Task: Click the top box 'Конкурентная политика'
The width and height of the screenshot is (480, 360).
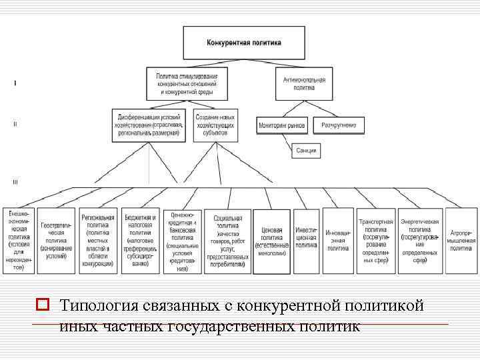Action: tap(245, 43)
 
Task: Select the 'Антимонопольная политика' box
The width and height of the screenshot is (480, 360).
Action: tap(305, 83)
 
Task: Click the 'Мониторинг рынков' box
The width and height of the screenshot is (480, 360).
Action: tap(281, 125)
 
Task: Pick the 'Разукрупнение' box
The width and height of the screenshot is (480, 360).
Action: tap(340, 125)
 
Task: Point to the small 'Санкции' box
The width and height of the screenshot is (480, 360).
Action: tap(306, 151)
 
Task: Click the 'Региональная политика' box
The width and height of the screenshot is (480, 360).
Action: tap(98, 241)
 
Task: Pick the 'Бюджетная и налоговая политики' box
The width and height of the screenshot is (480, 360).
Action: tap(140, 241)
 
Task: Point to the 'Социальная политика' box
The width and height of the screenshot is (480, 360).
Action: tap(228, 241)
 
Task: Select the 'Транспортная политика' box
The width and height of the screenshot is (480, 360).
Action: tap(376, 241)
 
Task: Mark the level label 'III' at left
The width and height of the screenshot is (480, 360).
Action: tap(15, 181)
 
